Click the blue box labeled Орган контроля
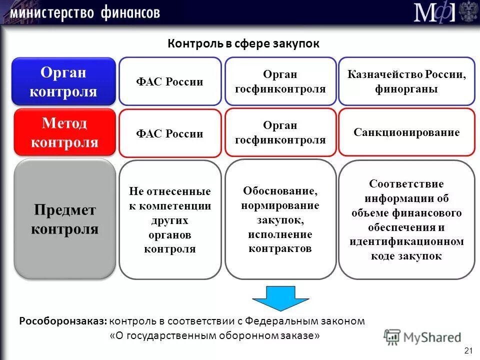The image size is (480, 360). (x=64, y=81)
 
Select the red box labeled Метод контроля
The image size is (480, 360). (x=64, y=132)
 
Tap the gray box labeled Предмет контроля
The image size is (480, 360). (x=64, y=219)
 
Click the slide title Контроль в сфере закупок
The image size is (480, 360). (x=243, y=43)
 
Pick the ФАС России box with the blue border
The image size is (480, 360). (x=170, y=81)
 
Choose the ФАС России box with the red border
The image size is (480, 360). (x=170, y=133)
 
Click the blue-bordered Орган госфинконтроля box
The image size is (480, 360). (x=280, y=81)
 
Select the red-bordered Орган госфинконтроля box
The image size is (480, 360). (x=280, y=132)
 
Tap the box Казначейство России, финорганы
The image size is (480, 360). (x=406, y=81)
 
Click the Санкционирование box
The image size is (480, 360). (x=406, y=132)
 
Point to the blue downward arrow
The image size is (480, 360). (x=273, y=298)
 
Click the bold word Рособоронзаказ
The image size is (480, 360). (x=63, y=321)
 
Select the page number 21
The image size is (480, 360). (x=468, y=349)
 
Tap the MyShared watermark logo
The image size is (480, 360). (x=422, y=337)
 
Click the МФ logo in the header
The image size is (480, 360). (x=434, y=12)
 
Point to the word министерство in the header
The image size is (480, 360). (x=52, y=12)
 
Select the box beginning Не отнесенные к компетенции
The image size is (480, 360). (x=170, y=220)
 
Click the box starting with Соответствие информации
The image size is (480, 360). (x=406, y=219)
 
